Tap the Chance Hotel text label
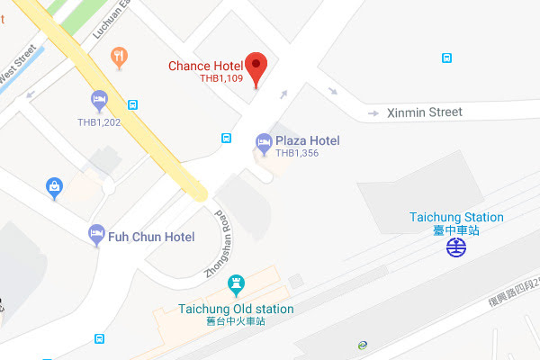click(206, 66)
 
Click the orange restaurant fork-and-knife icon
click(118, 60)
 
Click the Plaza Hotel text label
click(308, 140)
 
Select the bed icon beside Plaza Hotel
click(264, 141)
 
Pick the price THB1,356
click(297, 154)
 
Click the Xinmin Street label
click(424, 112)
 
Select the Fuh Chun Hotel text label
click(151, 237)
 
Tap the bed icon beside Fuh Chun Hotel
click(96, 236)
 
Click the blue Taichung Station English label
click(456, 217)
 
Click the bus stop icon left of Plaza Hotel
click(228, 138)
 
